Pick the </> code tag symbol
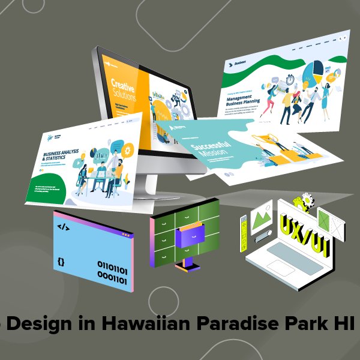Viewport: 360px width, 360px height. coord(62,227)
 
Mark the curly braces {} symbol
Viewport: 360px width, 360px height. coord(61,262)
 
